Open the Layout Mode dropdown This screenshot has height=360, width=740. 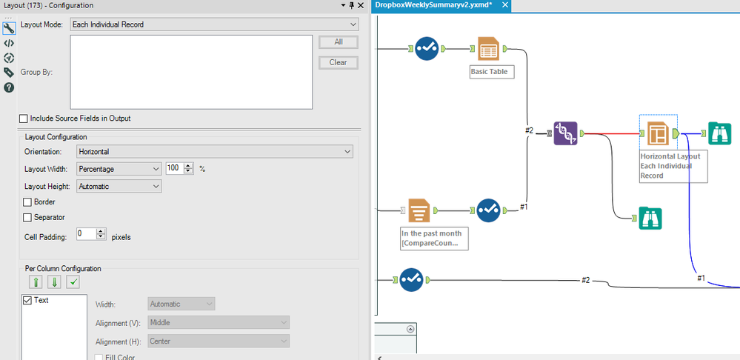click(x=214, y=24)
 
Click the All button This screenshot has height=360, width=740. click(x=338, y=42)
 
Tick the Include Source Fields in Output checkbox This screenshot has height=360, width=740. click(x=24, y=119)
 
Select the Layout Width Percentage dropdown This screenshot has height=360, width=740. click(x=116, y=169)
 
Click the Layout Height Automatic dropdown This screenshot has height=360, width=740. click(x=116, y=187)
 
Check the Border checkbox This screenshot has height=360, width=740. click(x=28, y=201)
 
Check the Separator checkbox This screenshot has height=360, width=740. click(x=28, y=218)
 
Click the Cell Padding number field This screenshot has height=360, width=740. click(x=86, y=234)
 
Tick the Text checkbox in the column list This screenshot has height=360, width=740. click(x=28, y=300)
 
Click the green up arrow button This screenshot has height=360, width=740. click(x=36, y=281)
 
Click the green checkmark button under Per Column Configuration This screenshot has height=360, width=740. click(x=73, y=281)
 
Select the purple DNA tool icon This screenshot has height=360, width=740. click(x=565, y=133)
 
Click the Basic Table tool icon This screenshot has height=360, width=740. click(x=488, y=49)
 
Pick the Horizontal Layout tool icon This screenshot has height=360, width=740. click(x=658, y=133)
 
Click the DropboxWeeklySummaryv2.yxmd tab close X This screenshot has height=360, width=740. click(x=505, y=5)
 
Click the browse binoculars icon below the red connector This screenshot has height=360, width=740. click(x=650, y=219)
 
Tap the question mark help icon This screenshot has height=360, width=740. click(x=9, y=87)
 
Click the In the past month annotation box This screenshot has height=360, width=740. click(x=434, y=238)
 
